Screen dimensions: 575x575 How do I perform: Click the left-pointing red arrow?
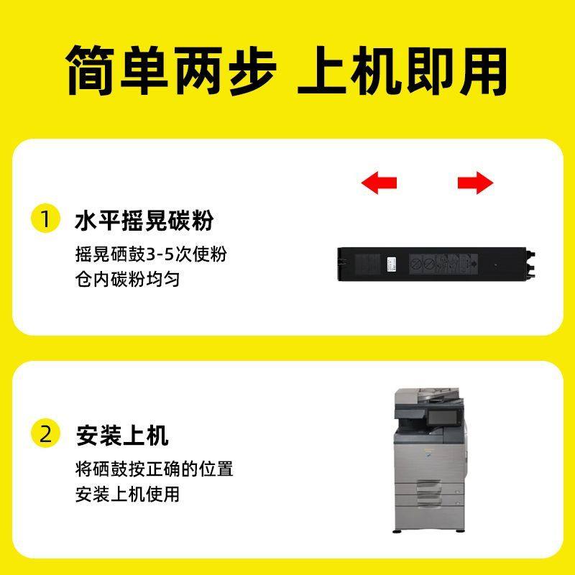pyautogui.click(x=379, y=183)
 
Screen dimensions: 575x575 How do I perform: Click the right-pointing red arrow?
pyautogui.click(x=475, y=183)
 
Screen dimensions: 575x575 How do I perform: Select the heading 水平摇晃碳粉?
pyautogui.click(x=144, y=220)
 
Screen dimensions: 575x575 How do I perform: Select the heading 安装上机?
pyautogui.click(x=121, y=435)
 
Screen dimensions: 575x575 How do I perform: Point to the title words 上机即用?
pyautogui.click(x=402, y=70)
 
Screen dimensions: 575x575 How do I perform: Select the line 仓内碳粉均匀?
pyautogui.click(x=127, y=280)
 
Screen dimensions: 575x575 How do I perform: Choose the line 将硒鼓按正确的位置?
pyautogui.click(x=154, y=470)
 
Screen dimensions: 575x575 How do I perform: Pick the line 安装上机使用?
pyautogui.click(x=127, y=494)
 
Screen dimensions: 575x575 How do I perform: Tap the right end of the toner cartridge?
pyautogui.click(x=530, y=263)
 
